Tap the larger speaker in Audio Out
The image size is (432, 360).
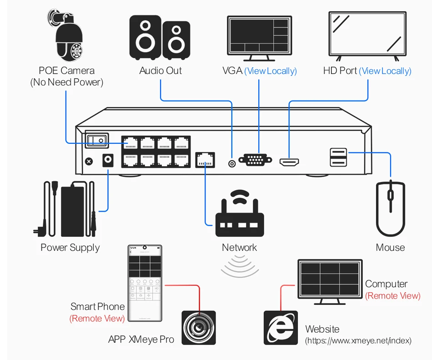[146, 37]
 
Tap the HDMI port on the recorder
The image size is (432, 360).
[289, 162]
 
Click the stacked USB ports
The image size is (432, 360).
[338, 157]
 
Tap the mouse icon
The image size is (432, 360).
[390, 208]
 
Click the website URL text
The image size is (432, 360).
[358, 340]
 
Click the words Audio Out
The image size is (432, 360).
[160, 71]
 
